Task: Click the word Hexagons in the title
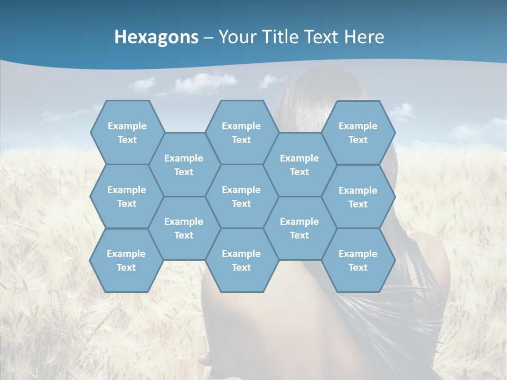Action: point(156,37)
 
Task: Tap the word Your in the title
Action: point(236,37)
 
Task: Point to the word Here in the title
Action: point(364,37)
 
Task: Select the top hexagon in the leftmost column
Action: point(127,132)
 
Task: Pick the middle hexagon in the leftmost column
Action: point(127,196)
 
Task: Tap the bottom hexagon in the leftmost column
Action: point(126,260)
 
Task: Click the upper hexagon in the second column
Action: point(184,165)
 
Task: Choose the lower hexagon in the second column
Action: point(184,228)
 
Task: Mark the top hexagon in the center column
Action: point(241,132)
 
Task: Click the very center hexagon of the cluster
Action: point(241,196)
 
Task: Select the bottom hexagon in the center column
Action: point(241,260)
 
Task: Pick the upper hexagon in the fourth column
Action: point(299,165)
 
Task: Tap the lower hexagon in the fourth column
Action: point(299,228)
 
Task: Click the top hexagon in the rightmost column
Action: point(358,132)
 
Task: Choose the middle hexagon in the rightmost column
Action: point(358,197)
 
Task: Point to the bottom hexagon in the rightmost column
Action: point(358,260)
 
